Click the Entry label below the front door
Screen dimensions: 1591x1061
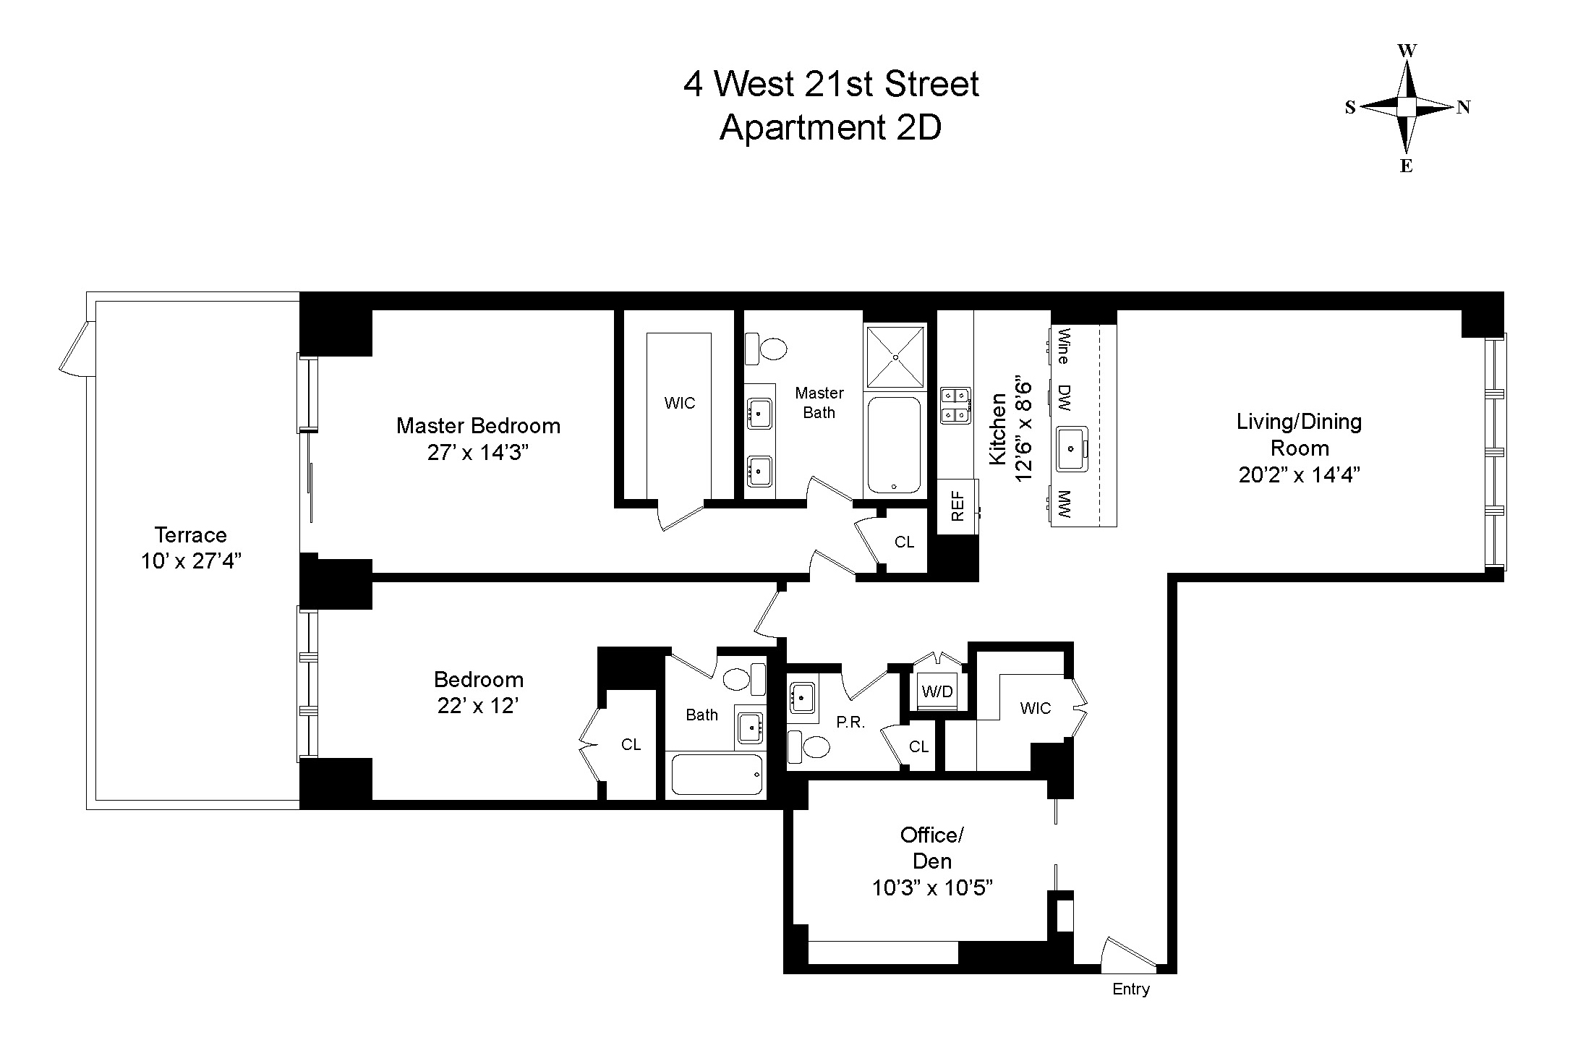(x=1130, y=989)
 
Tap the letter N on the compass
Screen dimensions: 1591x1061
(x=1463, y=108)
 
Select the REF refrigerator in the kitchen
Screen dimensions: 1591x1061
(x=957, y=506)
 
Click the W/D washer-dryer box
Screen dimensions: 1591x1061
(x=937, y=691)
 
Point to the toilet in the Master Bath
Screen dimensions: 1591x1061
(x=766, y=349)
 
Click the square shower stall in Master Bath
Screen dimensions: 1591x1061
(x=895, y=357)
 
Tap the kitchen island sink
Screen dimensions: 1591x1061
(x=1070, y=448)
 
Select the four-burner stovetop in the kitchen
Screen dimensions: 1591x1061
(x=955, y=405)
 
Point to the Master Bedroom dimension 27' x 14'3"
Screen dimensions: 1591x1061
(x=478, y=453)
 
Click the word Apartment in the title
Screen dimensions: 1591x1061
(x=802, y=128)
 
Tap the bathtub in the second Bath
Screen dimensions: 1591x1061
(x=717, y=775)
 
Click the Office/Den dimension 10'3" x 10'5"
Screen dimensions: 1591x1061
(x=931, y=887)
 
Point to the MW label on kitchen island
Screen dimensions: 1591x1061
(x=1064, y=504)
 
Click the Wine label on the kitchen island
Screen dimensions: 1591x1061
(x=1064, y=346)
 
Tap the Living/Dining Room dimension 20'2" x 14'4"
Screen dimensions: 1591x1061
(x=1299, y=475)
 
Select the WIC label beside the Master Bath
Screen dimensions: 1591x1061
(x=679, y=403)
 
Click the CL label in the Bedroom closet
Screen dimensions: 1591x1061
(x=631, y=744)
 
